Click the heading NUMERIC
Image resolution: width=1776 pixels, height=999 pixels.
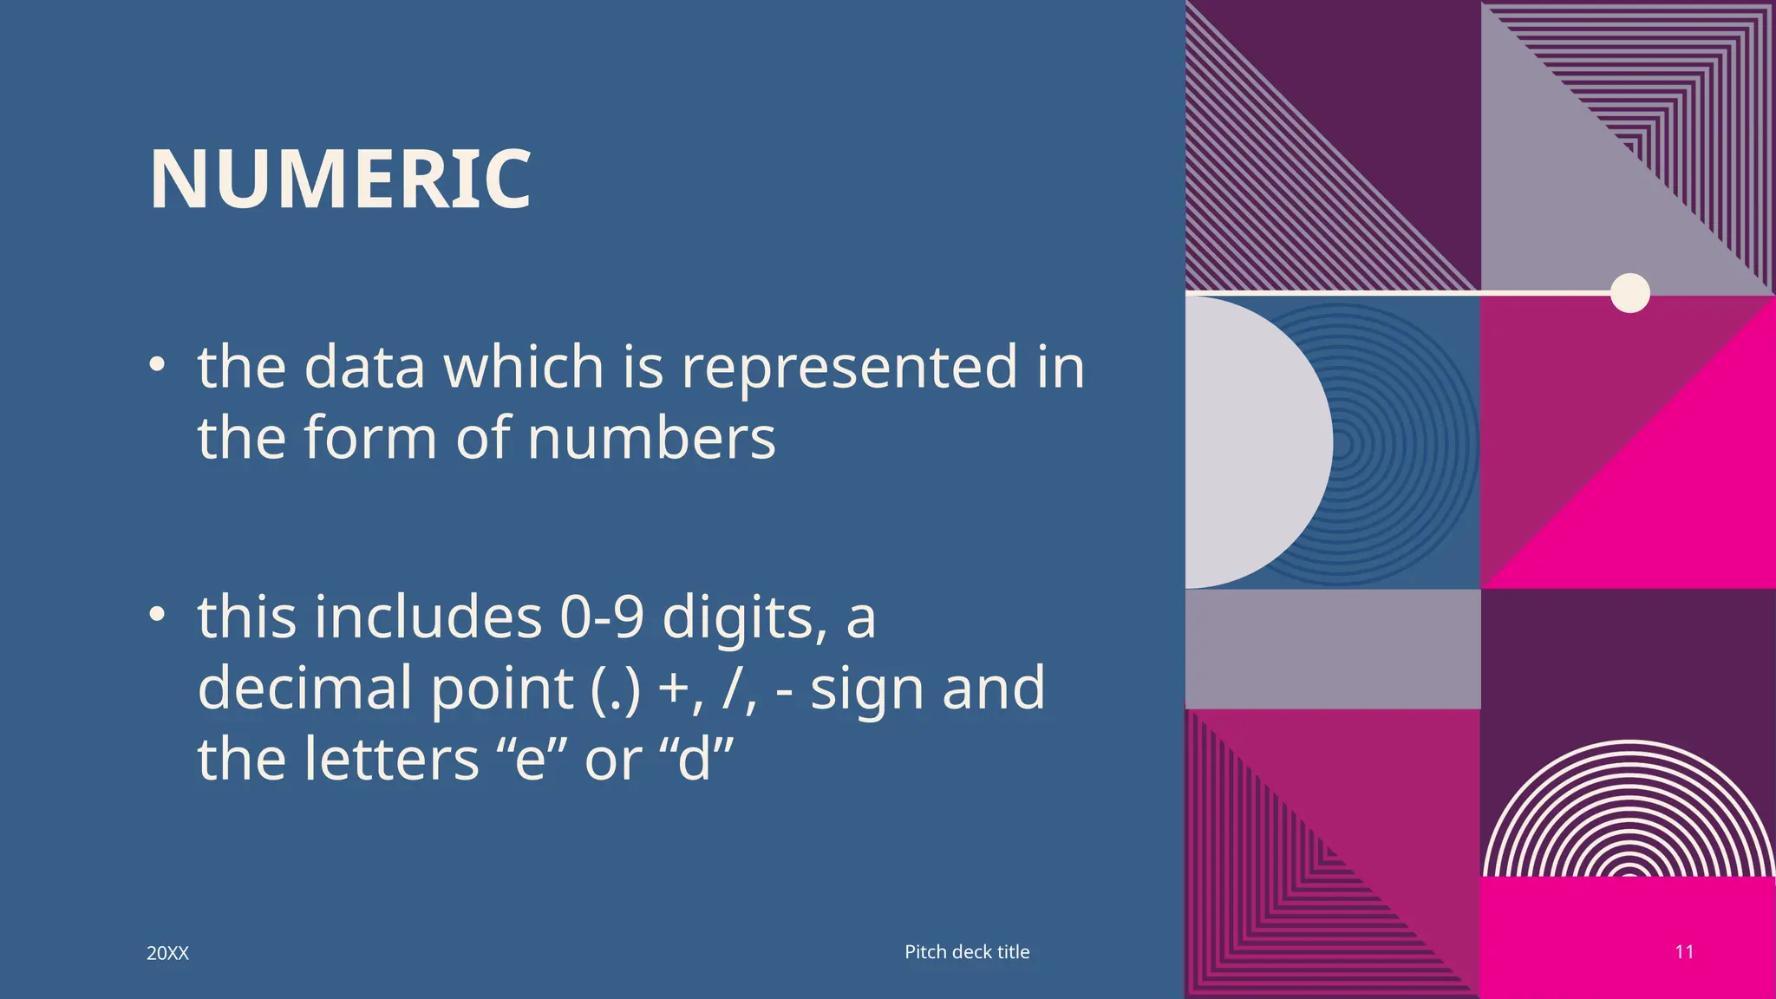340,180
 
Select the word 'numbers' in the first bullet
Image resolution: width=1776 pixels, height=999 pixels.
651,438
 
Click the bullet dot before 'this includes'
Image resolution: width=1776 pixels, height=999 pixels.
156,615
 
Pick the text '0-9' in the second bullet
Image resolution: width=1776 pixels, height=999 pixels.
602,617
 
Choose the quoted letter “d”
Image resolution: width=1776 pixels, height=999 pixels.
695,760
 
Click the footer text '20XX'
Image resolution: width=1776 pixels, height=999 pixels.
167,953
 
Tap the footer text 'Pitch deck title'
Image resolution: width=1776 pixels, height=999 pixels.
967,951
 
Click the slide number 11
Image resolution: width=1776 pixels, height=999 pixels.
1684,951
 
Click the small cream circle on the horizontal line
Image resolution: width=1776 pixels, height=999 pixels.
1629,292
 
